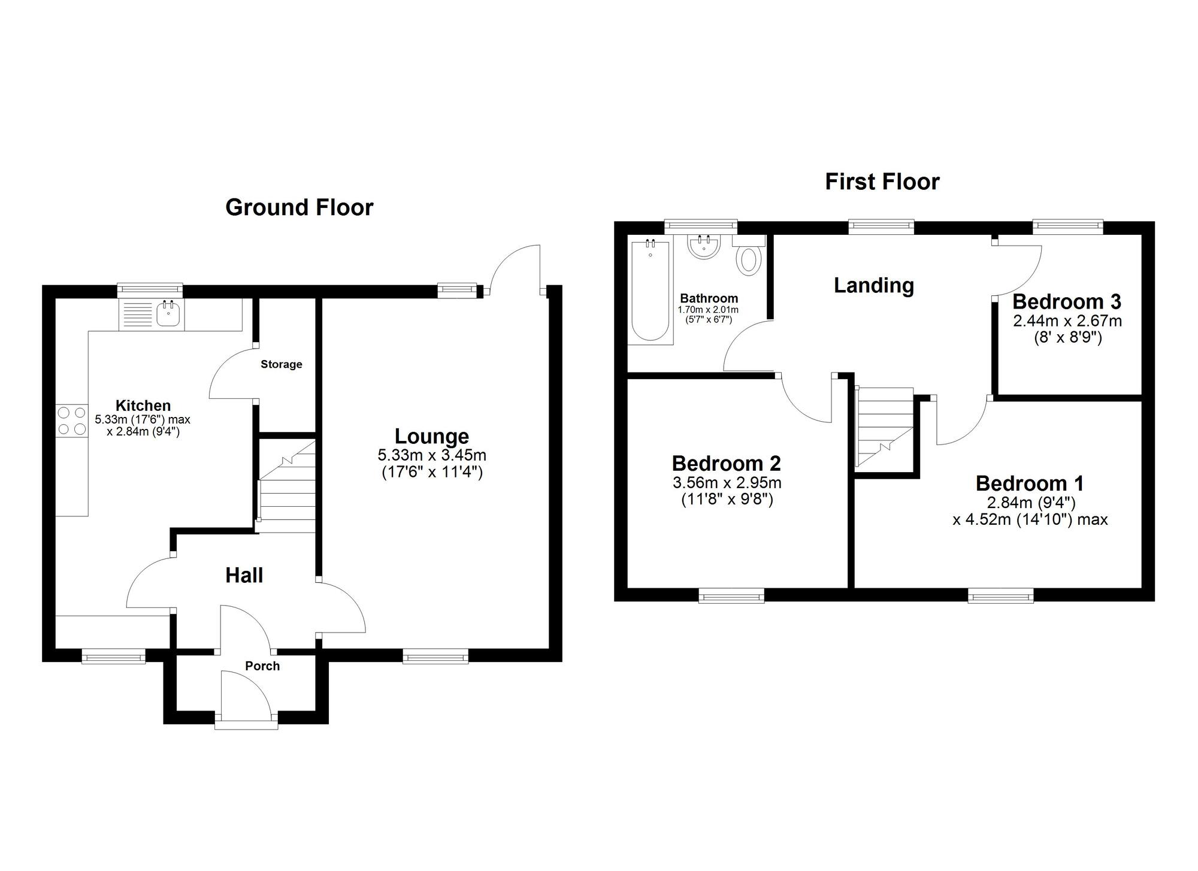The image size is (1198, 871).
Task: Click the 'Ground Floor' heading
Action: (x=299, y=207)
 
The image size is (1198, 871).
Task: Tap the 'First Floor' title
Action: (x=882, y=182)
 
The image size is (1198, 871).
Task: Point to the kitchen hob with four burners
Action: (x=72, y=421)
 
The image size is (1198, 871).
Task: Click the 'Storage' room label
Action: (x=282, y=364)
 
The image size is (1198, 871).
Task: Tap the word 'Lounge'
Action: (x=431, y=436)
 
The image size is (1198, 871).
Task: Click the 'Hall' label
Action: (x=244, y=575)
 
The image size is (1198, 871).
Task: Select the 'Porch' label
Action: (x=262, y=666)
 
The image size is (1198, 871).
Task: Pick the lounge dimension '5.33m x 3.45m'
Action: (x=432, y=456)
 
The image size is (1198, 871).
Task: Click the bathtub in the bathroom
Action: (x=650, y=290)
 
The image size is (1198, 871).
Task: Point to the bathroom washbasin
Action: (x=704, y=247)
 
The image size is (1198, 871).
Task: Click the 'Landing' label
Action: (x=874, y=285)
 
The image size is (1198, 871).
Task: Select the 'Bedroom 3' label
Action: (x=1067, y=301)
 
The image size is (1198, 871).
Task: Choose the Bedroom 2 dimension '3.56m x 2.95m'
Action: (x=727, y=482)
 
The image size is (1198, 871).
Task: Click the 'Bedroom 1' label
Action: (x=1030, y=483)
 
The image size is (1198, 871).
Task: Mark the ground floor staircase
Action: (x=286, y=486)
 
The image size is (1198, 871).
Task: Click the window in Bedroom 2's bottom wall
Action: (x=731, y=595)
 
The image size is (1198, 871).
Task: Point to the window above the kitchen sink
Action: (x=150, y=290)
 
